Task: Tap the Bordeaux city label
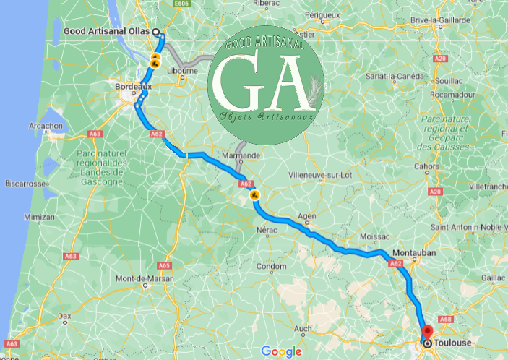pos(133,87)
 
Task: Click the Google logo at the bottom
pos(281,351)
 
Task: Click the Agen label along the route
pos(307,215)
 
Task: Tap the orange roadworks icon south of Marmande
pos(254,194)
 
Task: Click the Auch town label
pos(303,329)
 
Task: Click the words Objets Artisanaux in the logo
pos(264,116)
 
